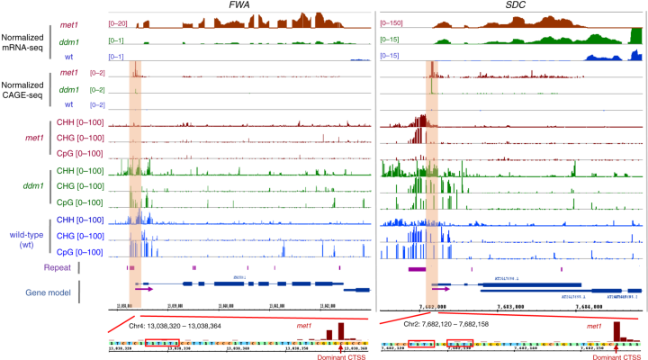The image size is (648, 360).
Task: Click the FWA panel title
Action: pyautogui.click(x=240, y=7)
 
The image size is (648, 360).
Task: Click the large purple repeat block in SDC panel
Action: pyautogui.click(x=418, y=268)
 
